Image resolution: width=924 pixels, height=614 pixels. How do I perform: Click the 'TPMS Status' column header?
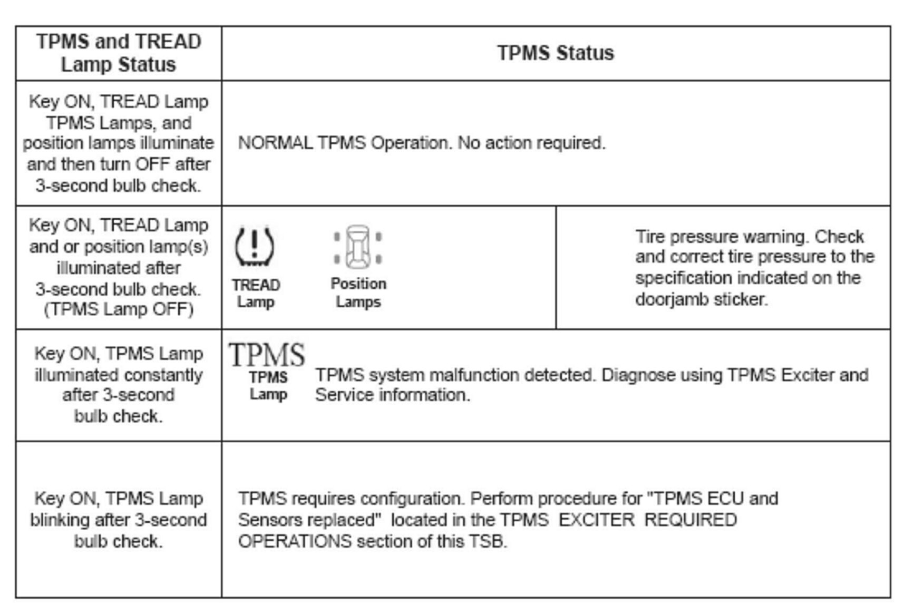click(x=556, y=53)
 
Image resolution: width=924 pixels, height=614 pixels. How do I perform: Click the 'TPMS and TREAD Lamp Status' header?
click(x=119, y=53)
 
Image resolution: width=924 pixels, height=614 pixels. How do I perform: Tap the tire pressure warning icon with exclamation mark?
click(x=254, y=246)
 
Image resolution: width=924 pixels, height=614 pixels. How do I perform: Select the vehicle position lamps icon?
click(x=358, y=246)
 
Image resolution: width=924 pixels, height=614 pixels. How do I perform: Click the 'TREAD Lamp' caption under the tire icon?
click(x=256, y=293)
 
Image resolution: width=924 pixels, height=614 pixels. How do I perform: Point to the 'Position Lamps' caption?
click(x=358, y=293)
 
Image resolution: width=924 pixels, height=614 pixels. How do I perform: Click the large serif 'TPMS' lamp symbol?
click(x=267, y=354)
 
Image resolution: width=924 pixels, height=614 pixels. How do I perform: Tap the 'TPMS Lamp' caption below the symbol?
click(x=268, y=386)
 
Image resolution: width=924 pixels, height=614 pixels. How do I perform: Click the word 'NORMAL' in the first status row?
click(x=275, y=143)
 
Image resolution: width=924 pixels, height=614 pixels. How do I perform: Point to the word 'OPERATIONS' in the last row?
click(x=295, y=541)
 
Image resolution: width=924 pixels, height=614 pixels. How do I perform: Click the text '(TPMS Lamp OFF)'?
click(x=119, y=309)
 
